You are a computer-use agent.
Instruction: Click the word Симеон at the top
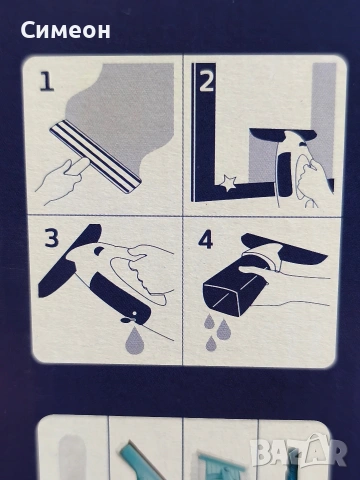pos(65,30)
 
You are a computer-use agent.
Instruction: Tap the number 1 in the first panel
pos(47,82)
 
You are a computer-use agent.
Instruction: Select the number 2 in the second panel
pos(206,82)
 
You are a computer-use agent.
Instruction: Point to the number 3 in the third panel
pos(52,237)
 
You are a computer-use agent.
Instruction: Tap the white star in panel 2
pos(227,183)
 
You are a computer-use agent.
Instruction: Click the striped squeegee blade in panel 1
pos(96,157)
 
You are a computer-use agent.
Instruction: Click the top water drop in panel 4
pos(209,321)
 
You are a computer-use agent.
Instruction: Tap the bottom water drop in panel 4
pos(211,343)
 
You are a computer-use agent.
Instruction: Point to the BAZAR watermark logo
pos(298,452)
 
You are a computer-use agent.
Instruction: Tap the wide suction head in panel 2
pos(283,136)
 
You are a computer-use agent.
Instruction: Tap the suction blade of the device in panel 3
pos(69,260)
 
